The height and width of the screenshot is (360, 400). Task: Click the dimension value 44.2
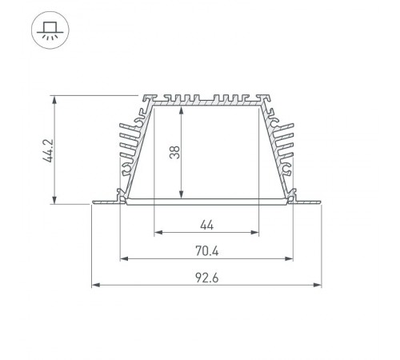pos(47,150)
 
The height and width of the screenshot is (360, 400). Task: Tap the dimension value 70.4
pos(206,250)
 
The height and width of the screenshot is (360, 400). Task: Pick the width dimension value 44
pos(206,225)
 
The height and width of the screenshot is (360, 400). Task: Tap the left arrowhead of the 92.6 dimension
pos(95,284)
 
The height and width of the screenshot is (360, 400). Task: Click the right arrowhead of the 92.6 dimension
pos(318,284)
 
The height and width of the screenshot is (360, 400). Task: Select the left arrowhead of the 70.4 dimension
pos(123,258)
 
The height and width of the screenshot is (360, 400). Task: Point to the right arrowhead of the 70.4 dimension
pos(290,258)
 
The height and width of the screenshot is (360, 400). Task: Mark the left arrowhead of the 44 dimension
pos(155,233)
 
